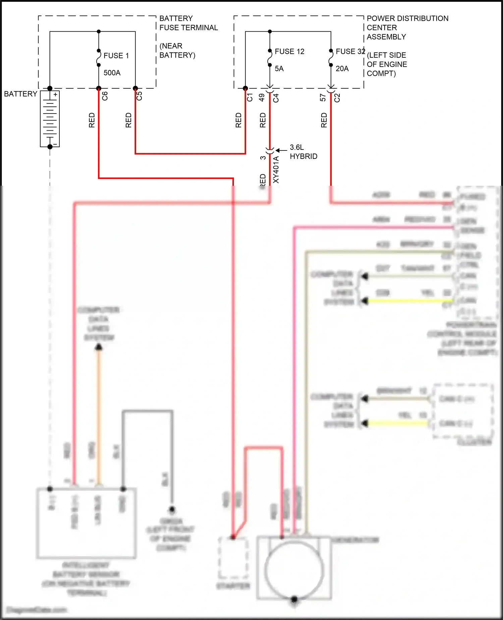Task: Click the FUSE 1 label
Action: pos(116,56)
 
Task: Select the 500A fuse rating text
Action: pos(112,73)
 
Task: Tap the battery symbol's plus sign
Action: pos(55,95)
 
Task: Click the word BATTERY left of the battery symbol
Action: pos(20,94)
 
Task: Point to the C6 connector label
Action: pos(105,96)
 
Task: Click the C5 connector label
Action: pos(139,96)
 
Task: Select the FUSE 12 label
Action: pos(289,52)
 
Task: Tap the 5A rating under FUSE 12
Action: pos(279,69)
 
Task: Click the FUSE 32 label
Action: pos(350,52)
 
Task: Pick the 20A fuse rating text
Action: pos(342,69)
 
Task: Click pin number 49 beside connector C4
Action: pos(262,97)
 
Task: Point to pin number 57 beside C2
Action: pos(323,97)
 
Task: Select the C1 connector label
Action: pos(250,97)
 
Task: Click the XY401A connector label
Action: pos(276,170)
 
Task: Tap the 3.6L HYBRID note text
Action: pos(303,152)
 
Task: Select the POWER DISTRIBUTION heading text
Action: pos(407,18)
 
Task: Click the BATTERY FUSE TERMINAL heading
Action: pos(188,23)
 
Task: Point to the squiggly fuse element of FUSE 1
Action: pos(99,58)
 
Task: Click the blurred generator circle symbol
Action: pos(294,571)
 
